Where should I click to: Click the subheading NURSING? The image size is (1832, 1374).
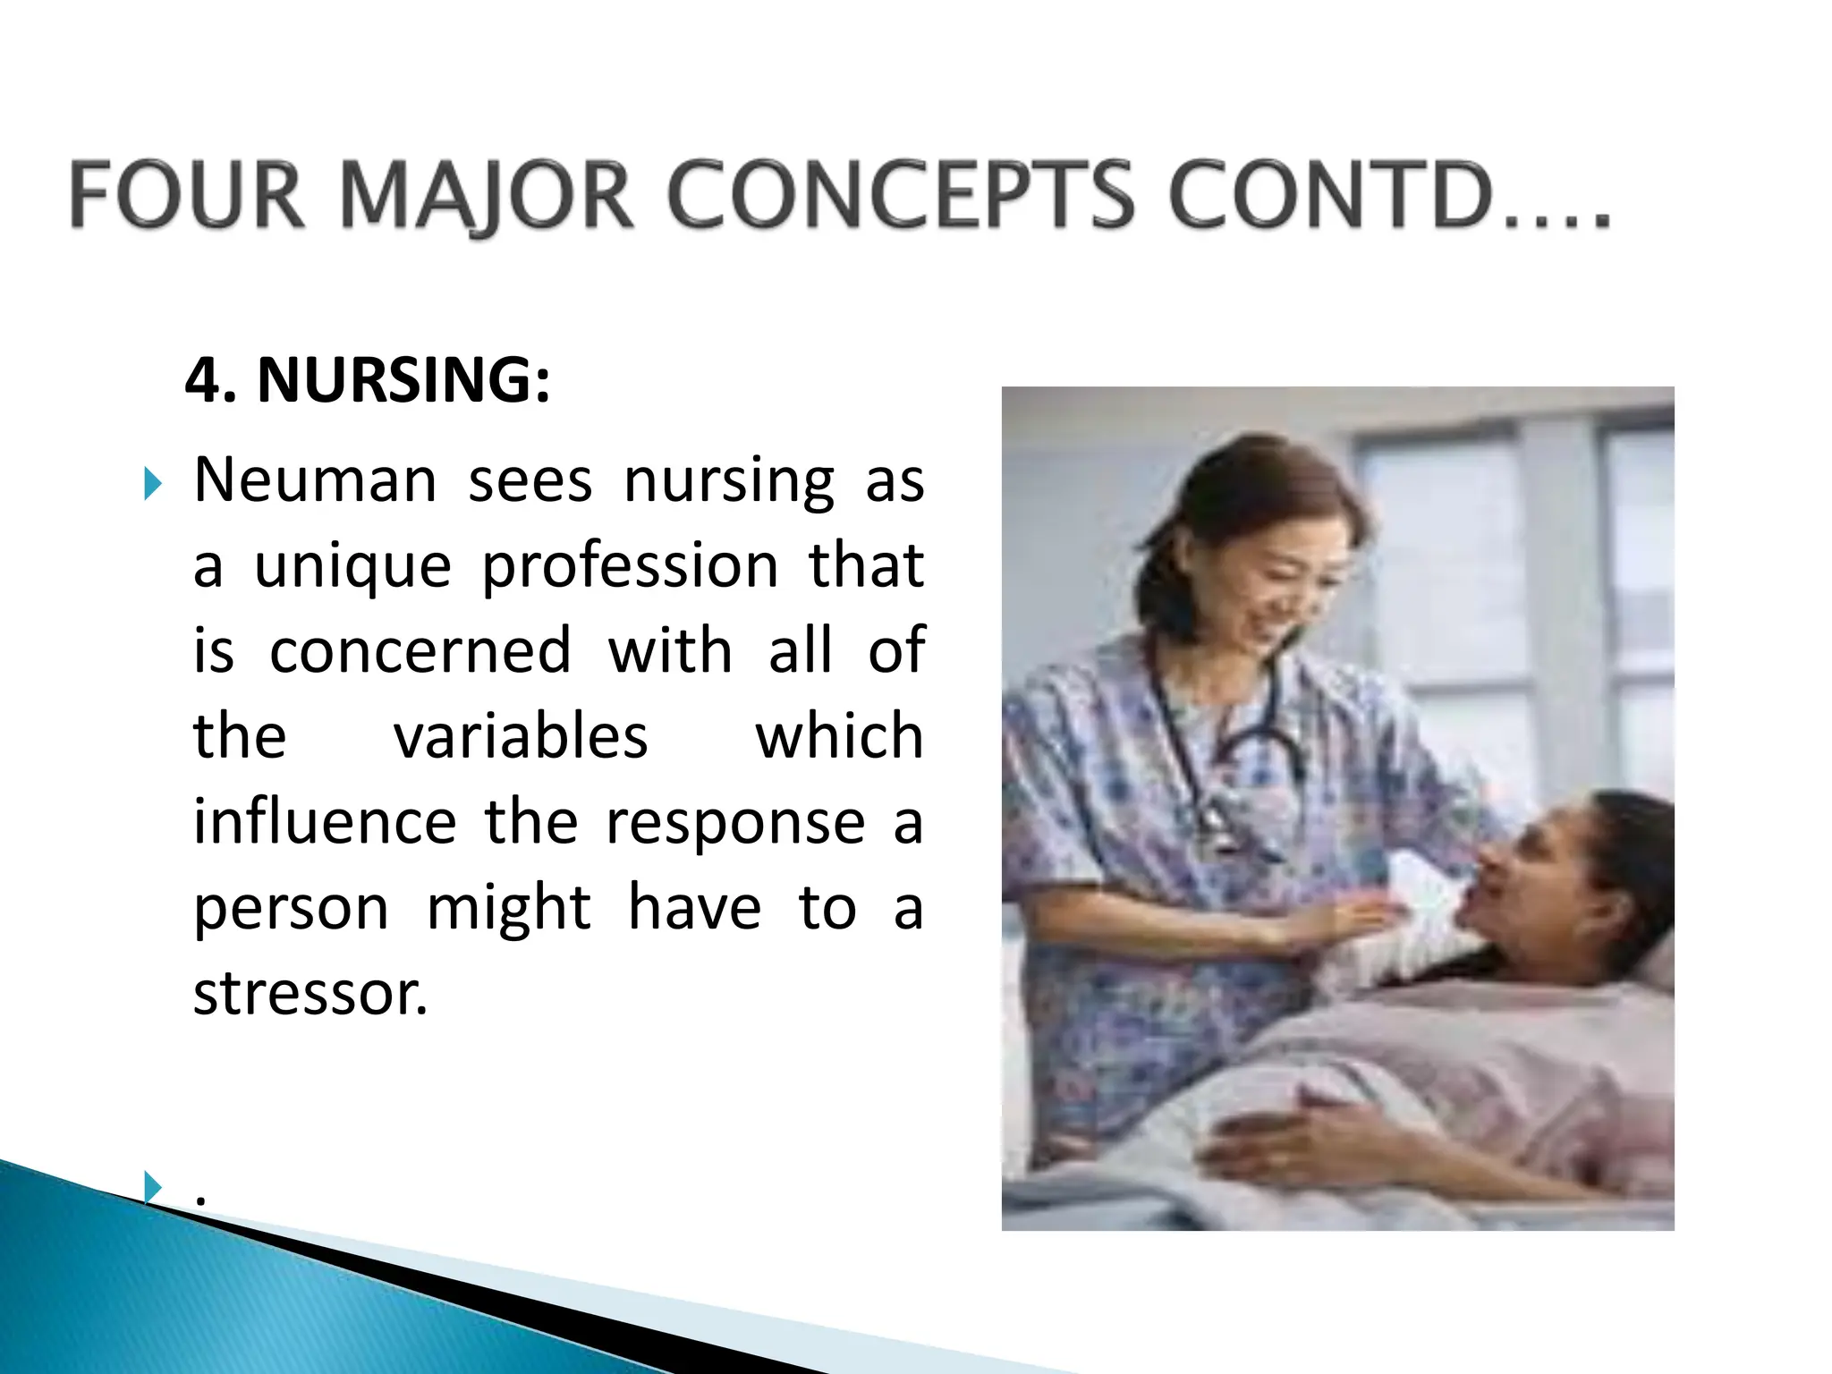point(403,380)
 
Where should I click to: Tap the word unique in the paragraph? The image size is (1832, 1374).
point(352,567)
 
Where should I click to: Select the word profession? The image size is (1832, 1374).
point(631,567)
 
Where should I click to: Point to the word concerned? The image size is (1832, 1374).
point(420,650)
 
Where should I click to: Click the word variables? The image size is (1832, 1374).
point(521,736)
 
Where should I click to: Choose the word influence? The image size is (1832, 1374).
point(325,821)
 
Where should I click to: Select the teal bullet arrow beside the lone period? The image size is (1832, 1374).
point(153,1187)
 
